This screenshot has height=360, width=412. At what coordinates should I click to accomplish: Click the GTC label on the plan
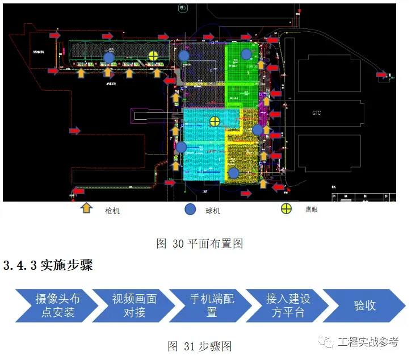point(317,113)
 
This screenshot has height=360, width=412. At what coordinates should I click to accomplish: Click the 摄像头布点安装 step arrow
point(53,305)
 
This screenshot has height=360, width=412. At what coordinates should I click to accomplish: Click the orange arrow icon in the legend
point(86,209)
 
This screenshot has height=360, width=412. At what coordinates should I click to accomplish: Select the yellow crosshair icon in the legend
point(287,209)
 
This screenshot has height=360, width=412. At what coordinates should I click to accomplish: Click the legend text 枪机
point(112,211)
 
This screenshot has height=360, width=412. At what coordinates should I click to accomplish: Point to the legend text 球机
point(212,211)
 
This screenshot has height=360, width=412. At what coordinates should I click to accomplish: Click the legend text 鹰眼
point(310,210)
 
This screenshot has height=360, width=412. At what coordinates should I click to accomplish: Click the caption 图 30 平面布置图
point(200,244)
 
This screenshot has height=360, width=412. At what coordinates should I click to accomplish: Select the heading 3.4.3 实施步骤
point(48,265)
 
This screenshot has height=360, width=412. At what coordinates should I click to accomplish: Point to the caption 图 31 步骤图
point(200,346)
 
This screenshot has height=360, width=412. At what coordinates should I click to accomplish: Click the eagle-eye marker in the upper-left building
point(153,55)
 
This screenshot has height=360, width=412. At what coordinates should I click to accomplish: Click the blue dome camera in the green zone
point(246,54)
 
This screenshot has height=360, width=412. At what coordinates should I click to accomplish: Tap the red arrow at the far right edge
point(382,74)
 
